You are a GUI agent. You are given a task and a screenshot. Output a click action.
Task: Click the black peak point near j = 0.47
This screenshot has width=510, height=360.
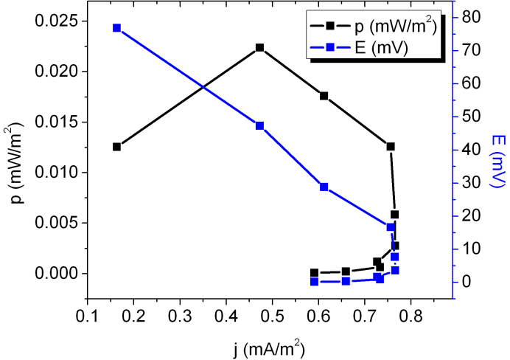(x=259, y=48)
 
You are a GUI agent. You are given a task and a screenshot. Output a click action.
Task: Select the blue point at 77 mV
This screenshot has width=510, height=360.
(x=116, y=28)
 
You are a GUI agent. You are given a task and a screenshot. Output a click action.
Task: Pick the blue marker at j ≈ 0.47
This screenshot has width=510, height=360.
(x=259, y=125)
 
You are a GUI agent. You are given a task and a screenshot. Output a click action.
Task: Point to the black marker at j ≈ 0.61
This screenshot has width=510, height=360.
(x=324, y=96)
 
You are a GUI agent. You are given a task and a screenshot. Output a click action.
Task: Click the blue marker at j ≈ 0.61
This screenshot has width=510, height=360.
(x=324, y=187)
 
